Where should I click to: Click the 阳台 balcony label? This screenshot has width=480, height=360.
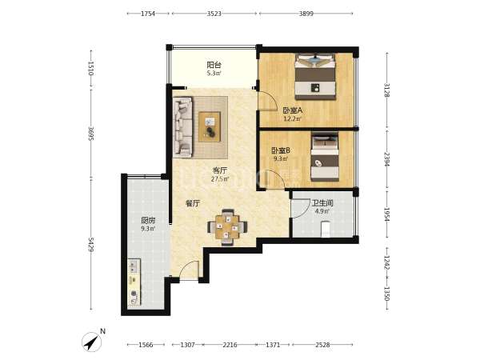214,65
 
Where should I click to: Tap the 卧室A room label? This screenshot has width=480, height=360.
292,110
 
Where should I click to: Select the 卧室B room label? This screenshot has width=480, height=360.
281,150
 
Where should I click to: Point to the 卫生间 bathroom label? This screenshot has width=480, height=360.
322,202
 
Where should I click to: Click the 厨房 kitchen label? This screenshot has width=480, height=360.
148,220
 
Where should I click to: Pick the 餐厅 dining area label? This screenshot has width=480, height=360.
193,203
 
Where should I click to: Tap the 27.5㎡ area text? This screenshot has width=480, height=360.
220,179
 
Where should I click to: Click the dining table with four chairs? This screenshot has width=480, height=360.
227,227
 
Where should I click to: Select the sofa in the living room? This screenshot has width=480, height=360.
182,127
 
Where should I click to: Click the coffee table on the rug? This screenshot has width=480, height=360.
210,126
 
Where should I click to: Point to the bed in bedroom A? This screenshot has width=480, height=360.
315,77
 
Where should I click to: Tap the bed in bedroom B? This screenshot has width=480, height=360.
325,157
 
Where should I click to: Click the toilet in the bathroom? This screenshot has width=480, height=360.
325,229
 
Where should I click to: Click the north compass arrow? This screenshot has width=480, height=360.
92,341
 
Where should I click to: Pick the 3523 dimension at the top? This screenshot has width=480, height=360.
214,14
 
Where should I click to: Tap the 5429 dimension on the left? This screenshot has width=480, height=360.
91,244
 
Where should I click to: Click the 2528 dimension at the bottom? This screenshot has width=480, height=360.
322,345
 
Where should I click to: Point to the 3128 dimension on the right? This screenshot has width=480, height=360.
387,90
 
